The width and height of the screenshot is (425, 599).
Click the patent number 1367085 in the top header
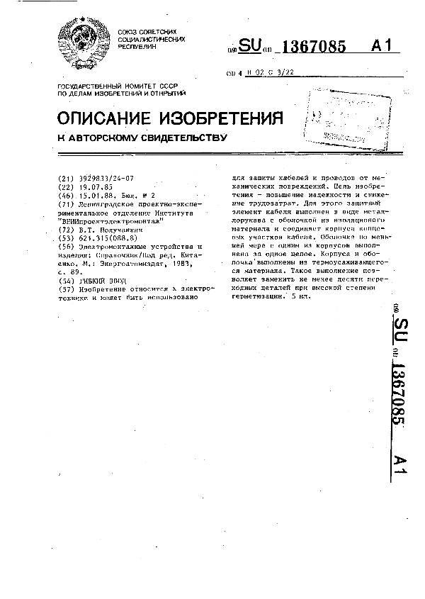click(314, 47)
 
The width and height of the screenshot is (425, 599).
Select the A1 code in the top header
click(380, 47)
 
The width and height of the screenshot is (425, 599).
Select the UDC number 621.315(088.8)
click(112, 238)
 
